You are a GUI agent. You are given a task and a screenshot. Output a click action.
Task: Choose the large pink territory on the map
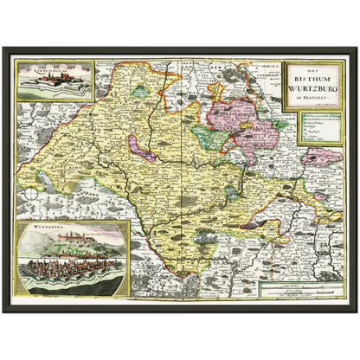tap(247, 121)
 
